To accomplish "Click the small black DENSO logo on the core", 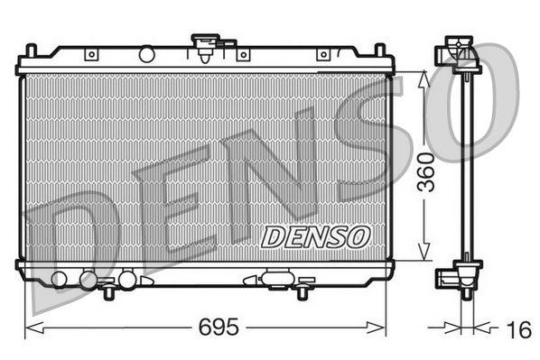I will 315,236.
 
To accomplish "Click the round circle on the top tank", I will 146,55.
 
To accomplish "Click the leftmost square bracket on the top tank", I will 90,55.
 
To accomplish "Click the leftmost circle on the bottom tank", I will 61,278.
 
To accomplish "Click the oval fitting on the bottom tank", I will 275,278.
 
